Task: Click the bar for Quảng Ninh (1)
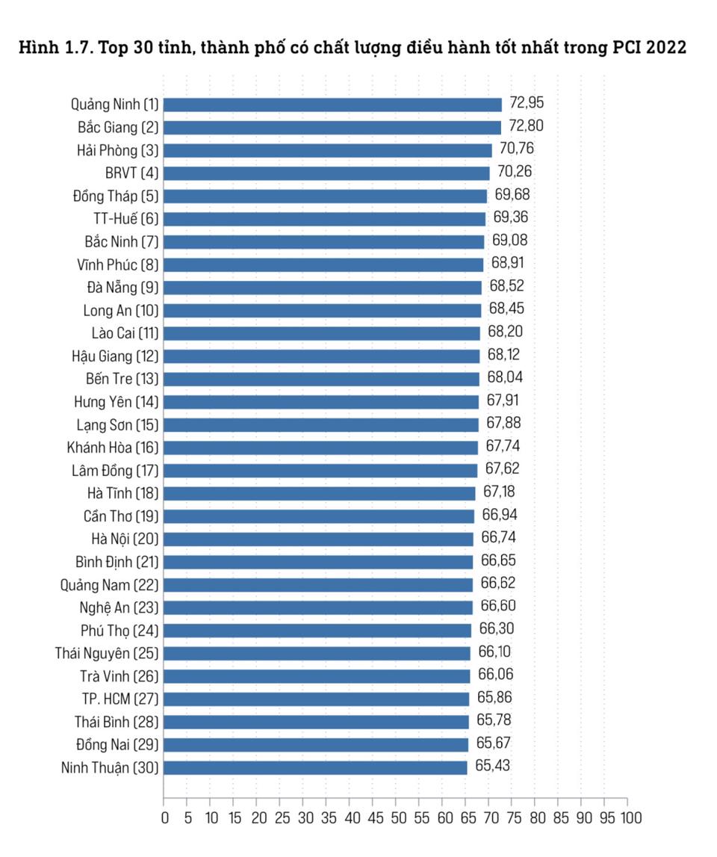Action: (x=332, y=105)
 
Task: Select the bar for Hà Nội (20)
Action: (x=318, y=539)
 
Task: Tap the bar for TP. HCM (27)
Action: (x=316, y=699)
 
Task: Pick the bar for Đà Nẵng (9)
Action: (x=323, y=288)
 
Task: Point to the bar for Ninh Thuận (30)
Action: (x=315, y=767)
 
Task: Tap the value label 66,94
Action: (x=499, y=515)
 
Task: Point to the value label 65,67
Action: (x=493, y=744)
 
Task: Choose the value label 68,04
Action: (x=504, y=378)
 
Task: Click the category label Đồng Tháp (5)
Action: (x=116, y=196)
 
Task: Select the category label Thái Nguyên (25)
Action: (x=107, y=654)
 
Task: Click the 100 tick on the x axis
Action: (x=629, y=817)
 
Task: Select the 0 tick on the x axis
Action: (x=164, y=817)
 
